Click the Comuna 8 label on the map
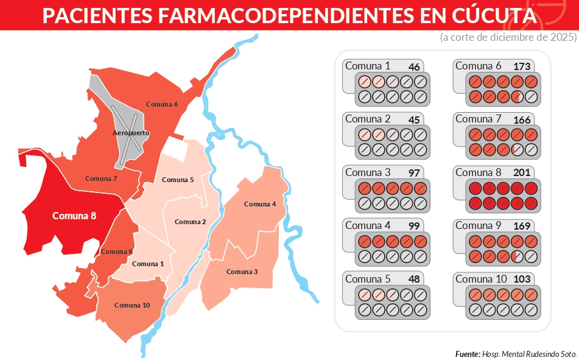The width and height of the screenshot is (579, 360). coord(74,216)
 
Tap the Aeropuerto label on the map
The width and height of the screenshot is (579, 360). coord(131,133)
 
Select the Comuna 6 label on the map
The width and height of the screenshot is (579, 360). coord(162,104)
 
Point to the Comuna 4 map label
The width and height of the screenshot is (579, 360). coord(260,204)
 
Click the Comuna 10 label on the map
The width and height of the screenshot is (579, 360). coord(132,305)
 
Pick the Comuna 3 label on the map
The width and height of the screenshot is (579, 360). coord(242,272)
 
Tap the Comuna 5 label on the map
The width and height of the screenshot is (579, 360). coord(178,180)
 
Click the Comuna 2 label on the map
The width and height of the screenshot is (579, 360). coord(191,222)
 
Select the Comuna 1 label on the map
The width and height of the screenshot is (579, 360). coord(148,264)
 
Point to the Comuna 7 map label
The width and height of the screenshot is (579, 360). coord(101,178)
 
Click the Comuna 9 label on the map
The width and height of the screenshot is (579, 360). coord(116,252)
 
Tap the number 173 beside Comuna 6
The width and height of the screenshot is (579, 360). coord(522,66)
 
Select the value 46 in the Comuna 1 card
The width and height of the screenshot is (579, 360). coord(414,67)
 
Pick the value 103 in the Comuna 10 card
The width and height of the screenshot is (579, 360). coord(522,280)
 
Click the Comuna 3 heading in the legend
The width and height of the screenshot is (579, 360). coord(368,172)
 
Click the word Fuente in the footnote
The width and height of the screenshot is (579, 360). coord(466,354)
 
